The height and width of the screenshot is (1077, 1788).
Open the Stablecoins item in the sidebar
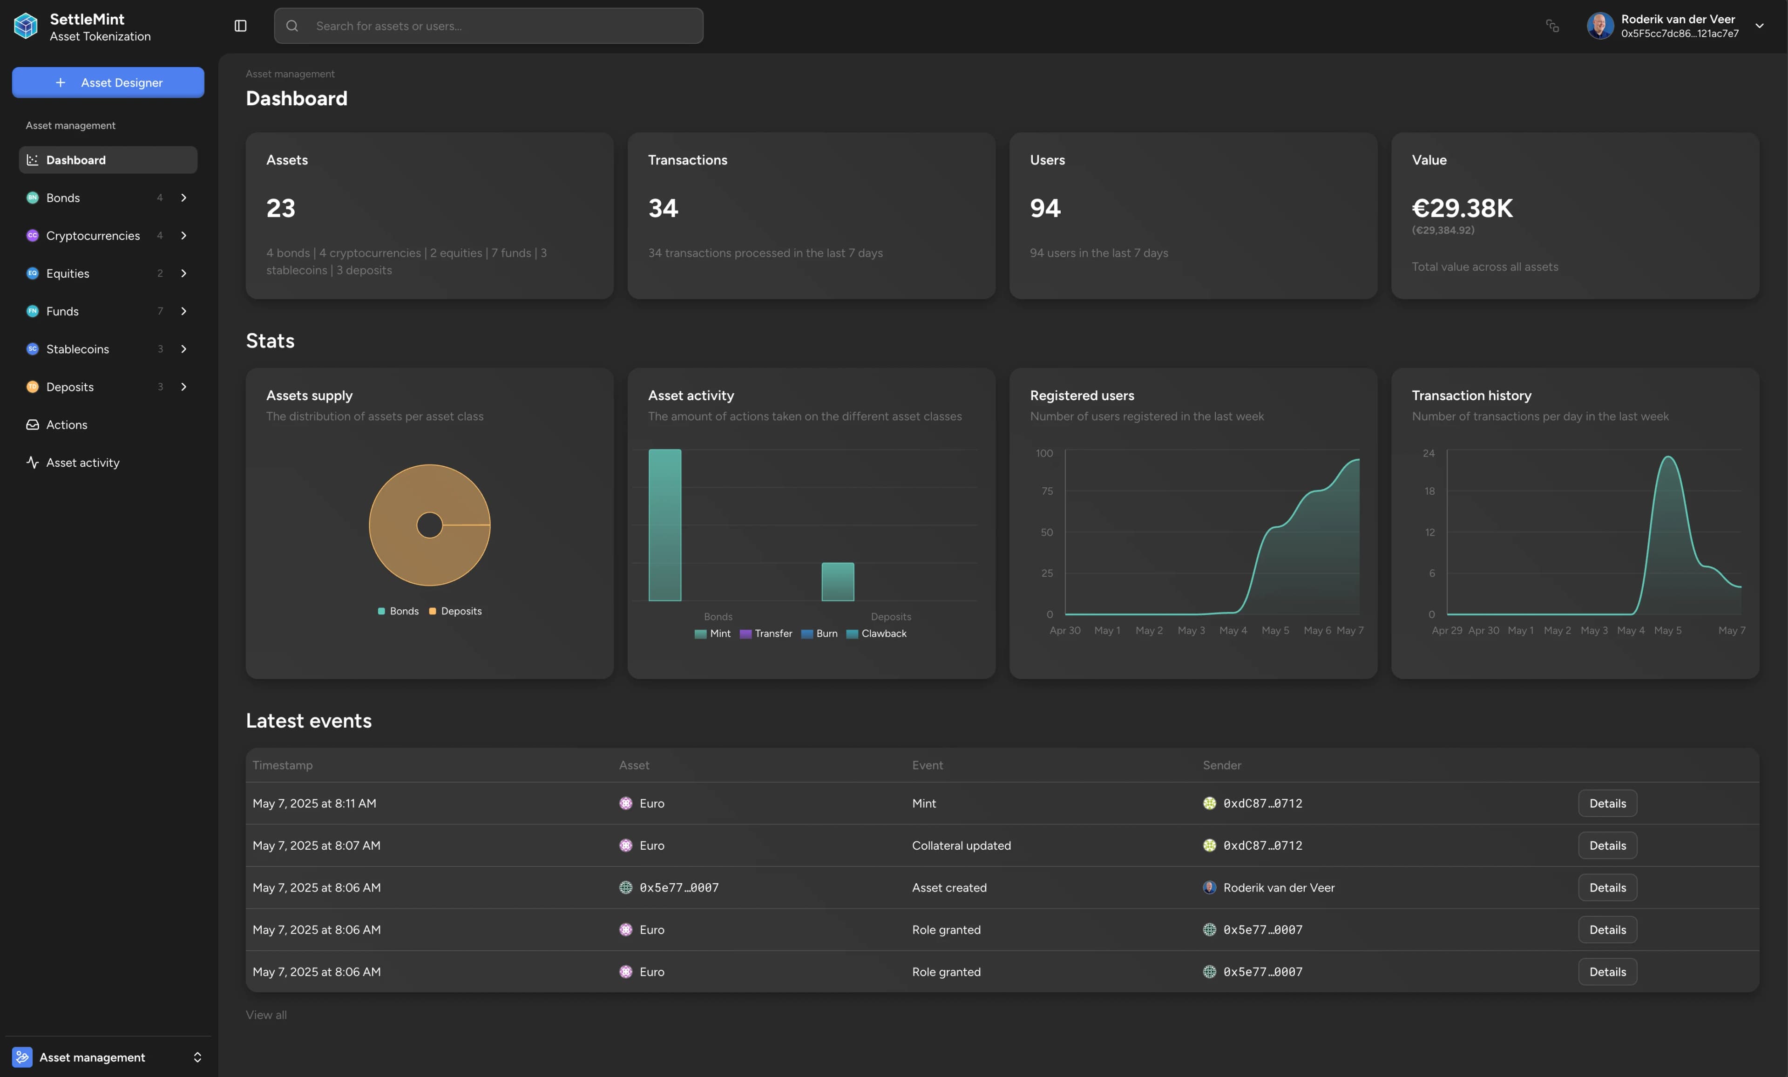pos(78,349)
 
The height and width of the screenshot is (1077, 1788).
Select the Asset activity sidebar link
pos(83,462)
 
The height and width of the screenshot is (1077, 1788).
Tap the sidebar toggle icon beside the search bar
pos(241,26)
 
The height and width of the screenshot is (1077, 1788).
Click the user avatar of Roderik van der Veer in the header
pos(1599,26)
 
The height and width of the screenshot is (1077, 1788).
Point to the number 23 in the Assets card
pos(281,208)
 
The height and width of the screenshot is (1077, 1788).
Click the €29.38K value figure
pos(1463,208)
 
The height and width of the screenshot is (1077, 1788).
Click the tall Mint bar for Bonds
pos(664,525)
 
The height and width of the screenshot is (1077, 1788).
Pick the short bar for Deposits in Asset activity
pos(837,581)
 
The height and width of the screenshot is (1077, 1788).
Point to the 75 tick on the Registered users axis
pos(1047,491)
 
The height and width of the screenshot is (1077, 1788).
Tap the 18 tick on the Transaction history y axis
pos(1429,491)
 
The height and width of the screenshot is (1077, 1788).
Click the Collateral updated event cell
pos(961,845)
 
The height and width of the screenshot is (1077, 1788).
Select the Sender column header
pos(1221,765)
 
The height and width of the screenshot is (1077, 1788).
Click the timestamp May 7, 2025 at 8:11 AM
pos(314,804)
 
